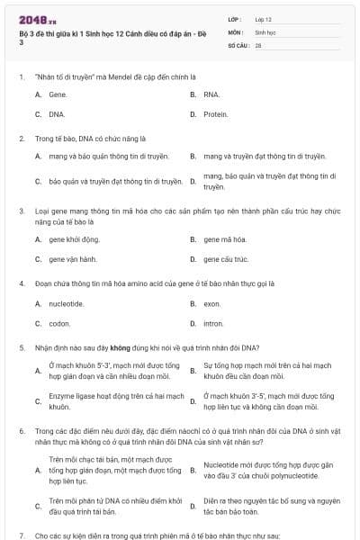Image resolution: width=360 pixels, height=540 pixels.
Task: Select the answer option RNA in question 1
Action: point(211,94)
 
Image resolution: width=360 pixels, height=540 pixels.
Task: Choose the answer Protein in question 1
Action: point(215,114)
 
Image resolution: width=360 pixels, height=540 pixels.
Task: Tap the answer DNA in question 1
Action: point(58,114)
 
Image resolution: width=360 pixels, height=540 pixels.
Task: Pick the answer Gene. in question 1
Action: point(58,94)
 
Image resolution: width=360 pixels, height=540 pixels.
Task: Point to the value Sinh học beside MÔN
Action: point(265,31)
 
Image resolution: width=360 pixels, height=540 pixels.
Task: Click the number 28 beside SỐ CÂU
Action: point(258,44)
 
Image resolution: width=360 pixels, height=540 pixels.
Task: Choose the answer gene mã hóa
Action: point(224,239)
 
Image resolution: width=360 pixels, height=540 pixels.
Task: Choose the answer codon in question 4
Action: point(59,323)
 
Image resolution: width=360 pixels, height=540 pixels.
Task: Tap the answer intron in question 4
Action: point(213,323)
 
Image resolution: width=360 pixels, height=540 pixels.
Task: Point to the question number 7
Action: point(22,535)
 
